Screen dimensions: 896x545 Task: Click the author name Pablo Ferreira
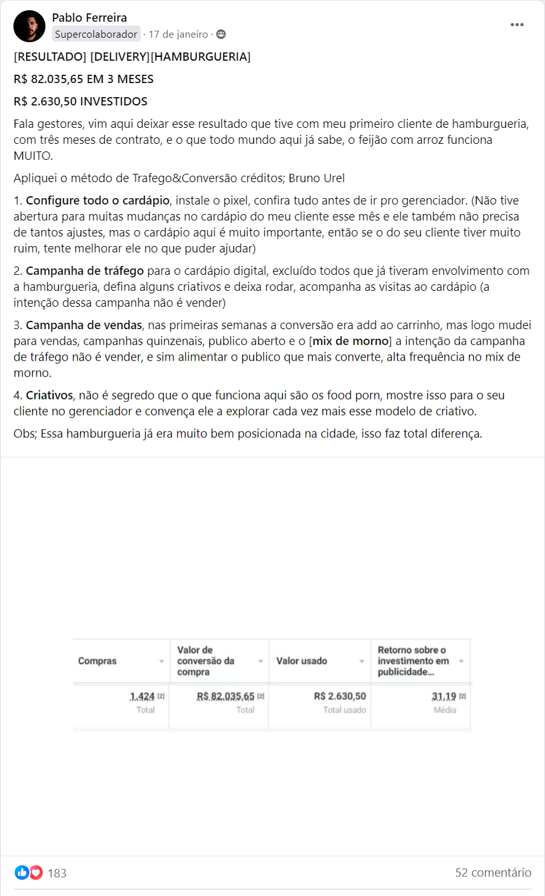[89, 18]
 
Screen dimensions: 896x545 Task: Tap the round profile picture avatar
[29, 26]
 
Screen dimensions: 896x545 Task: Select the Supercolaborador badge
[96, 35]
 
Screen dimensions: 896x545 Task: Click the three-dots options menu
[517, 25]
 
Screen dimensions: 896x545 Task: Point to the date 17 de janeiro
[178, 35]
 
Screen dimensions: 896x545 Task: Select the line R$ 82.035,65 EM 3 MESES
[83, 79]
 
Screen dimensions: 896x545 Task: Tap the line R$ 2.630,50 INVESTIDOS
[81, 102]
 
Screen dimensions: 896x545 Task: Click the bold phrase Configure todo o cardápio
[98, 200]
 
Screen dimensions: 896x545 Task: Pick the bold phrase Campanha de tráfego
[84, 271]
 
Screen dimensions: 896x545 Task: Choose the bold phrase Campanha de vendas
[84, 325]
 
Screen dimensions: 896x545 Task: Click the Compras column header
[97, 661]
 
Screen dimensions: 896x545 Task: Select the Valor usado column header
[301, 661]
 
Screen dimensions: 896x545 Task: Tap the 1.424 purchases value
[142, 697]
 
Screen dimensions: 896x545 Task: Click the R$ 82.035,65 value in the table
[225, 697]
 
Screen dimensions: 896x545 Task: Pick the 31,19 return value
[443, 697]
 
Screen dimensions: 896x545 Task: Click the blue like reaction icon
[22, 873]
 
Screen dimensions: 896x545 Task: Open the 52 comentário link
[493, 873]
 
